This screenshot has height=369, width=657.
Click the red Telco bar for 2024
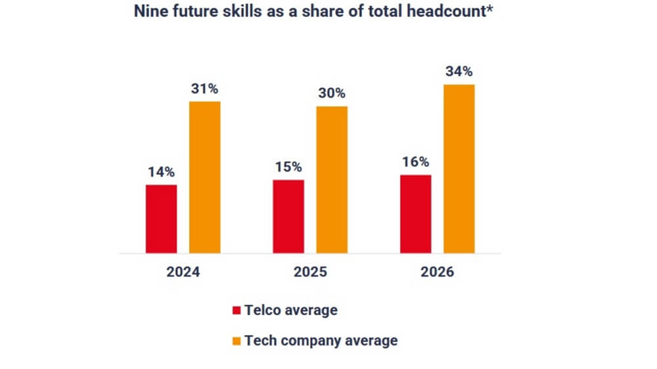[x=161, y=219]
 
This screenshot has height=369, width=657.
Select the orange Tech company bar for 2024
[x=205, y=177]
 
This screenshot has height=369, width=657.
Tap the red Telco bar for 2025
[x=288, y=216]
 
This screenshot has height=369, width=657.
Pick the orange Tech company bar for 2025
[x=332, y=179]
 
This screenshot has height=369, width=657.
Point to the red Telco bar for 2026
[x=415, y=213]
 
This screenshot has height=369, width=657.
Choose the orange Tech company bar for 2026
[x=459, y=169]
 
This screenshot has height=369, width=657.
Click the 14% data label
[x=161, y=173]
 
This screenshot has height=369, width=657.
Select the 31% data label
[x=205, y=89]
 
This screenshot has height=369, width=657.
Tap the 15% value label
[x=288, y=167]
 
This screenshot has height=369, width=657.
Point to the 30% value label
[x=332, y=93]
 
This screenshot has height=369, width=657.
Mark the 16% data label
[x=415, y=162]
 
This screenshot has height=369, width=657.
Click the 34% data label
[x=459, y=72]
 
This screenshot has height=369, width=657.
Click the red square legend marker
[x=237, y=310]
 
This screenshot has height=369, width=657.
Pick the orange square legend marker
[x=237, y=341]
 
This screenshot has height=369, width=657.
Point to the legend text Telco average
[x=290, y=310]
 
